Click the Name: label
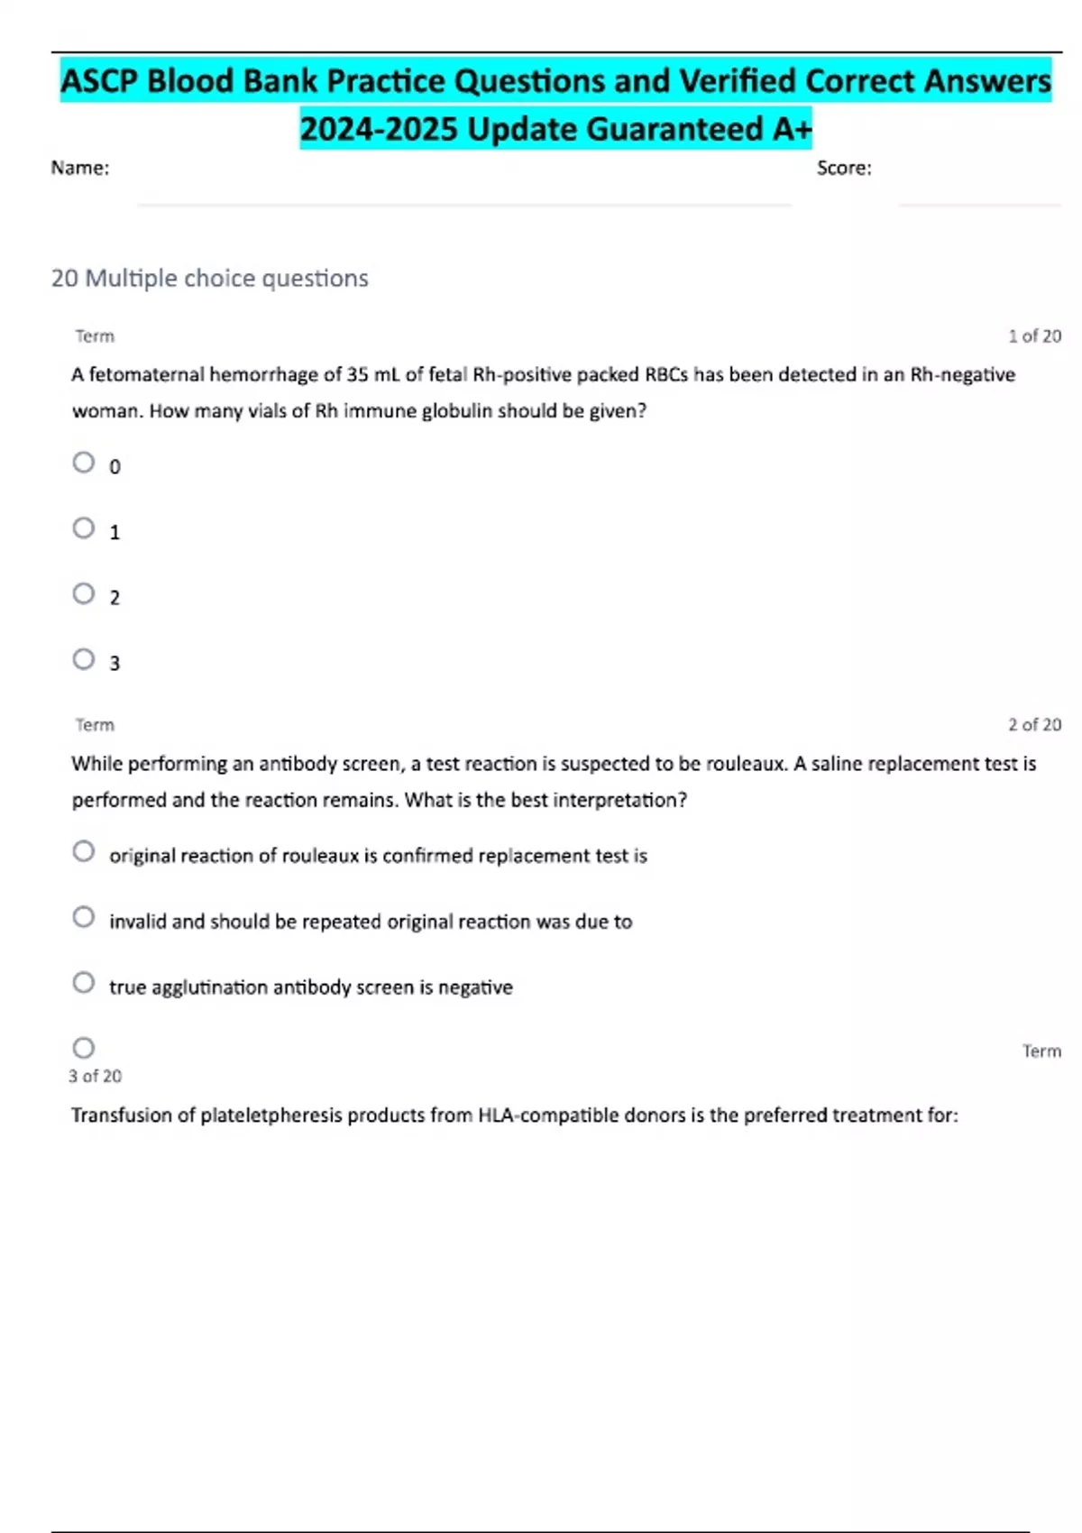(x=80, y=168)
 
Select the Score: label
(x=844, y=168)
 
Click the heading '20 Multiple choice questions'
(x=209, y=278)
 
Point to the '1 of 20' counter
(x=1034, y=336)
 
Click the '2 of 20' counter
(x=1034, y=725)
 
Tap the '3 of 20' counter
(x=95, y=1076)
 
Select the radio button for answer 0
(x=84, y=463)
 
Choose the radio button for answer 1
(x=84, y=528)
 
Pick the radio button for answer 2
(x=84, y=593)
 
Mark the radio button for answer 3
(x=84, y=659)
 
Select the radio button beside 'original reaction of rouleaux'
(x=84, y=852)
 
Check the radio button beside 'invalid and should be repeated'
(x=84, y=917)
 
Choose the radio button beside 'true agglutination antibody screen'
(x=84, y=983)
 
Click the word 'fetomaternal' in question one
(x=146, y=375)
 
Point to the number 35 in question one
(x=358, y=375)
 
